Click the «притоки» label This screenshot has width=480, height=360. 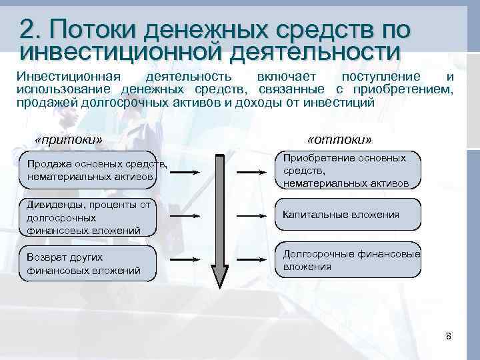(69, 140)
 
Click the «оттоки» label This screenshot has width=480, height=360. (340, 140)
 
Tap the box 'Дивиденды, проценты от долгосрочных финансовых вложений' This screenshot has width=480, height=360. (89, 217)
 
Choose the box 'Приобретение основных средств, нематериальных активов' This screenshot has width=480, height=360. (349, 171)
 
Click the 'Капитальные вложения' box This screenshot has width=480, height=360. (349, 215)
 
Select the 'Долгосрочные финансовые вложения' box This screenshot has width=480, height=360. (349, 260)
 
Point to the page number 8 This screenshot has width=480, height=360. (449, 336)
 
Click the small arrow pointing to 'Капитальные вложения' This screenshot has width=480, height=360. (253, 215)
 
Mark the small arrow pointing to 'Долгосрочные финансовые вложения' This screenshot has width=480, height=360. (253, 260)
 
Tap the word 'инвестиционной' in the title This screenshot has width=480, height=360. (120, 51)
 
